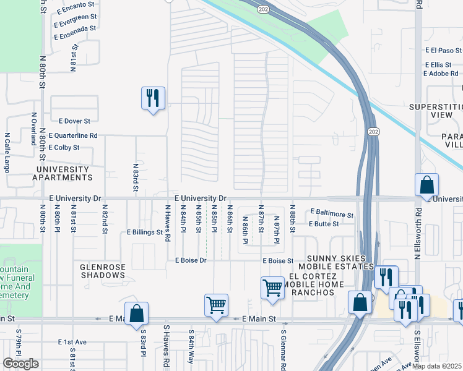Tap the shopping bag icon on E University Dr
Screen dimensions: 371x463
click(x=426, y=185)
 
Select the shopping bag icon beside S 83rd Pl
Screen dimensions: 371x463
click(x=136, y=313)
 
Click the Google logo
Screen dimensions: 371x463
click(x=20, y=364)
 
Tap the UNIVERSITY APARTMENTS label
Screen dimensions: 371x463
click(x=63, y=173)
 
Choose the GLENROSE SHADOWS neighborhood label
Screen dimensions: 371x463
click(x=103, y=271)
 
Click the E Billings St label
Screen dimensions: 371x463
click(x=144, y=233)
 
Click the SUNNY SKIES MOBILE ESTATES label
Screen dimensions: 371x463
click(x=341, y=262)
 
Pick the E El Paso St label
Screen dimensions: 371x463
click(x=443, y=51)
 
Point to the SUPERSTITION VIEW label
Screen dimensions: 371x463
click(x=436, y=111)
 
